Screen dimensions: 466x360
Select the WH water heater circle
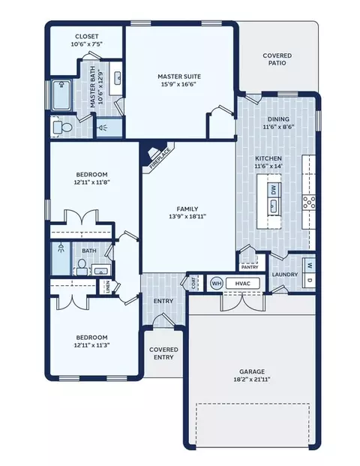click(x=217, y=283)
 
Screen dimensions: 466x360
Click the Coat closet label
click(x=195, y=283)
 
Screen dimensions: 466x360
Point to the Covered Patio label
click(x=277, y=60)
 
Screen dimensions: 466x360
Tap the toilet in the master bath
click(x=63, y=128)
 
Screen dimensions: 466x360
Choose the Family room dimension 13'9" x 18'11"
click(x=188, y=216)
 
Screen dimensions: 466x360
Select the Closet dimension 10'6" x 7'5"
click(x=86, y=45)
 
